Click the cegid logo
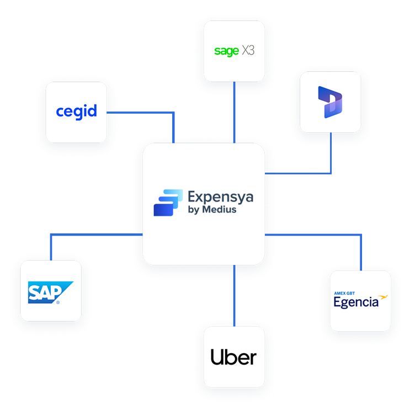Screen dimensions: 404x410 coord(76,112)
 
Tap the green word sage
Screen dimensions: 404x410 coord(226,51)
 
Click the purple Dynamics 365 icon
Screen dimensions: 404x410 coord(330,102)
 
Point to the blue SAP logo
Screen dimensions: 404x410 coord(50,293)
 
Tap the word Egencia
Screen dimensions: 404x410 coord(356,302)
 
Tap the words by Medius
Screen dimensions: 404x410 coord(212,210)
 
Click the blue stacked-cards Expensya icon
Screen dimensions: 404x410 coord(168,202)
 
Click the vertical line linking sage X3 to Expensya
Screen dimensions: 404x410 coord(235,110)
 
